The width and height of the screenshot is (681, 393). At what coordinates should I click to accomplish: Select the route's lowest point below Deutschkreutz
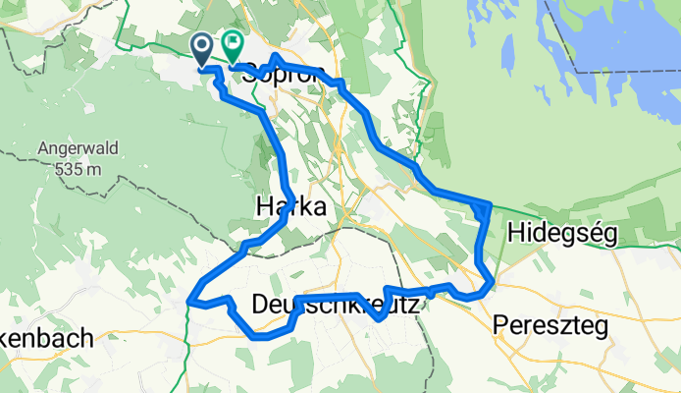tap(260, 336)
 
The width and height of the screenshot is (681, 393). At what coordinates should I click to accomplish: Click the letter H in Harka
tap(265, 205)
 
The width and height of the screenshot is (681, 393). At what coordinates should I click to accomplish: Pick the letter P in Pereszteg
tap(503, 324)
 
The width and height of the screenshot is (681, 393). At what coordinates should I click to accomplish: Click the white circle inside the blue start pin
tap(201, 44)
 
